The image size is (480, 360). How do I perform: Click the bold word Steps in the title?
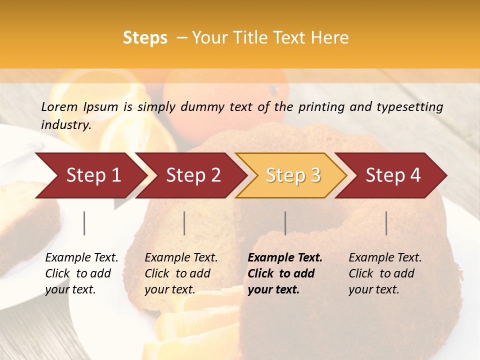point(145,38)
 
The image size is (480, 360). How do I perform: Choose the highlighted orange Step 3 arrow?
point(293,175)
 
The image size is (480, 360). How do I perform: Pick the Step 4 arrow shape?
point(393,175)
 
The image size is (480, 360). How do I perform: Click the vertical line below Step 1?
point(84,223)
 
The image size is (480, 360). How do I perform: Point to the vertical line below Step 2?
point(184,223)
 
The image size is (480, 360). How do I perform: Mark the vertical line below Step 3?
point(285,223)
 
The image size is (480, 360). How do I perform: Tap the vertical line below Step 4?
point(386,223)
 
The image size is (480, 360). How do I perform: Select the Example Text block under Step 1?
point(81,273)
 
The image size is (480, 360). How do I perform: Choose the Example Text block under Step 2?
point(181,273)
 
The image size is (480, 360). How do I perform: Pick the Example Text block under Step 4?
point(385,273)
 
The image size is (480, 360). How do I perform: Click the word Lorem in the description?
point(59,106)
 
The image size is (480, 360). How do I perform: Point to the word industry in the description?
point(66,125)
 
